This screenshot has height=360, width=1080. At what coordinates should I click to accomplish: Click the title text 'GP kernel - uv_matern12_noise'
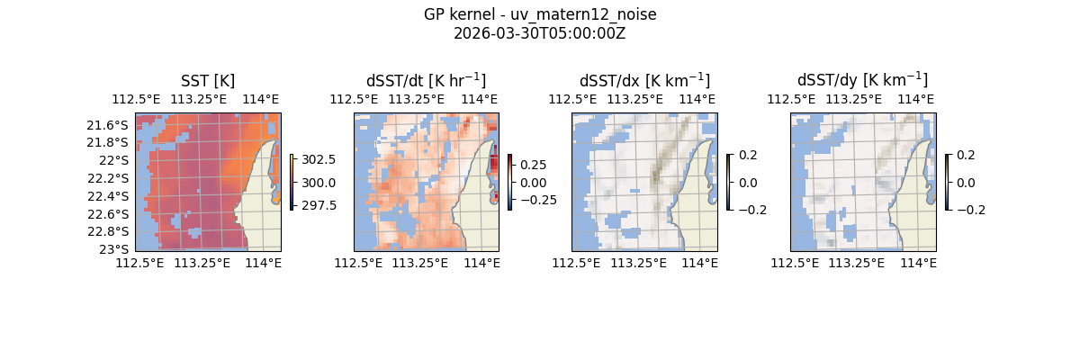coord(540,14)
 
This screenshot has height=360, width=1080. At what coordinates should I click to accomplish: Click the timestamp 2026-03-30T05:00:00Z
coord(540,33)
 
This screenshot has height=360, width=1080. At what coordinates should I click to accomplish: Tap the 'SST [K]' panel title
coord(208,81)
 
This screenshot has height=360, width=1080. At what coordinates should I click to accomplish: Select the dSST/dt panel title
coord(426,81)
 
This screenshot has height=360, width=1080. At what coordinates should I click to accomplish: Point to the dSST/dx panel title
coord(644,81)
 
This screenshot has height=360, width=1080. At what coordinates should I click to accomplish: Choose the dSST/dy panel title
coord(862,81)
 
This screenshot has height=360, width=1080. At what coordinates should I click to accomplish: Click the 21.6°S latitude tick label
coord(112,125)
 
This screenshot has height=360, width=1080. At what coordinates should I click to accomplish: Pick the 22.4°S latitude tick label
coord(112,196)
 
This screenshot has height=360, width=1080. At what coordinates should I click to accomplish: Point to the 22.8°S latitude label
coord(112,231)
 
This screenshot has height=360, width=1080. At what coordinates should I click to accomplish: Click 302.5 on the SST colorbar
coord(319,159)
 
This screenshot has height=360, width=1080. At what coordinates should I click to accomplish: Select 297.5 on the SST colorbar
coord(319,205)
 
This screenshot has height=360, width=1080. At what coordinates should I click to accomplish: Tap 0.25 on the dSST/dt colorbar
coord(533,166)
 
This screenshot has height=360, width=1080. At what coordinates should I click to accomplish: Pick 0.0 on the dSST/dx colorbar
coord(748,183)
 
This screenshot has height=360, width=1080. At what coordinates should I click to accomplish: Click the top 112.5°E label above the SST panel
coord(131,99)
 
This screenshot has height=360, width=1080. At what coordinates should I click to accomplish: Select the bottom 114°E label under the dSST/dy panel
coord(918,263)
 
